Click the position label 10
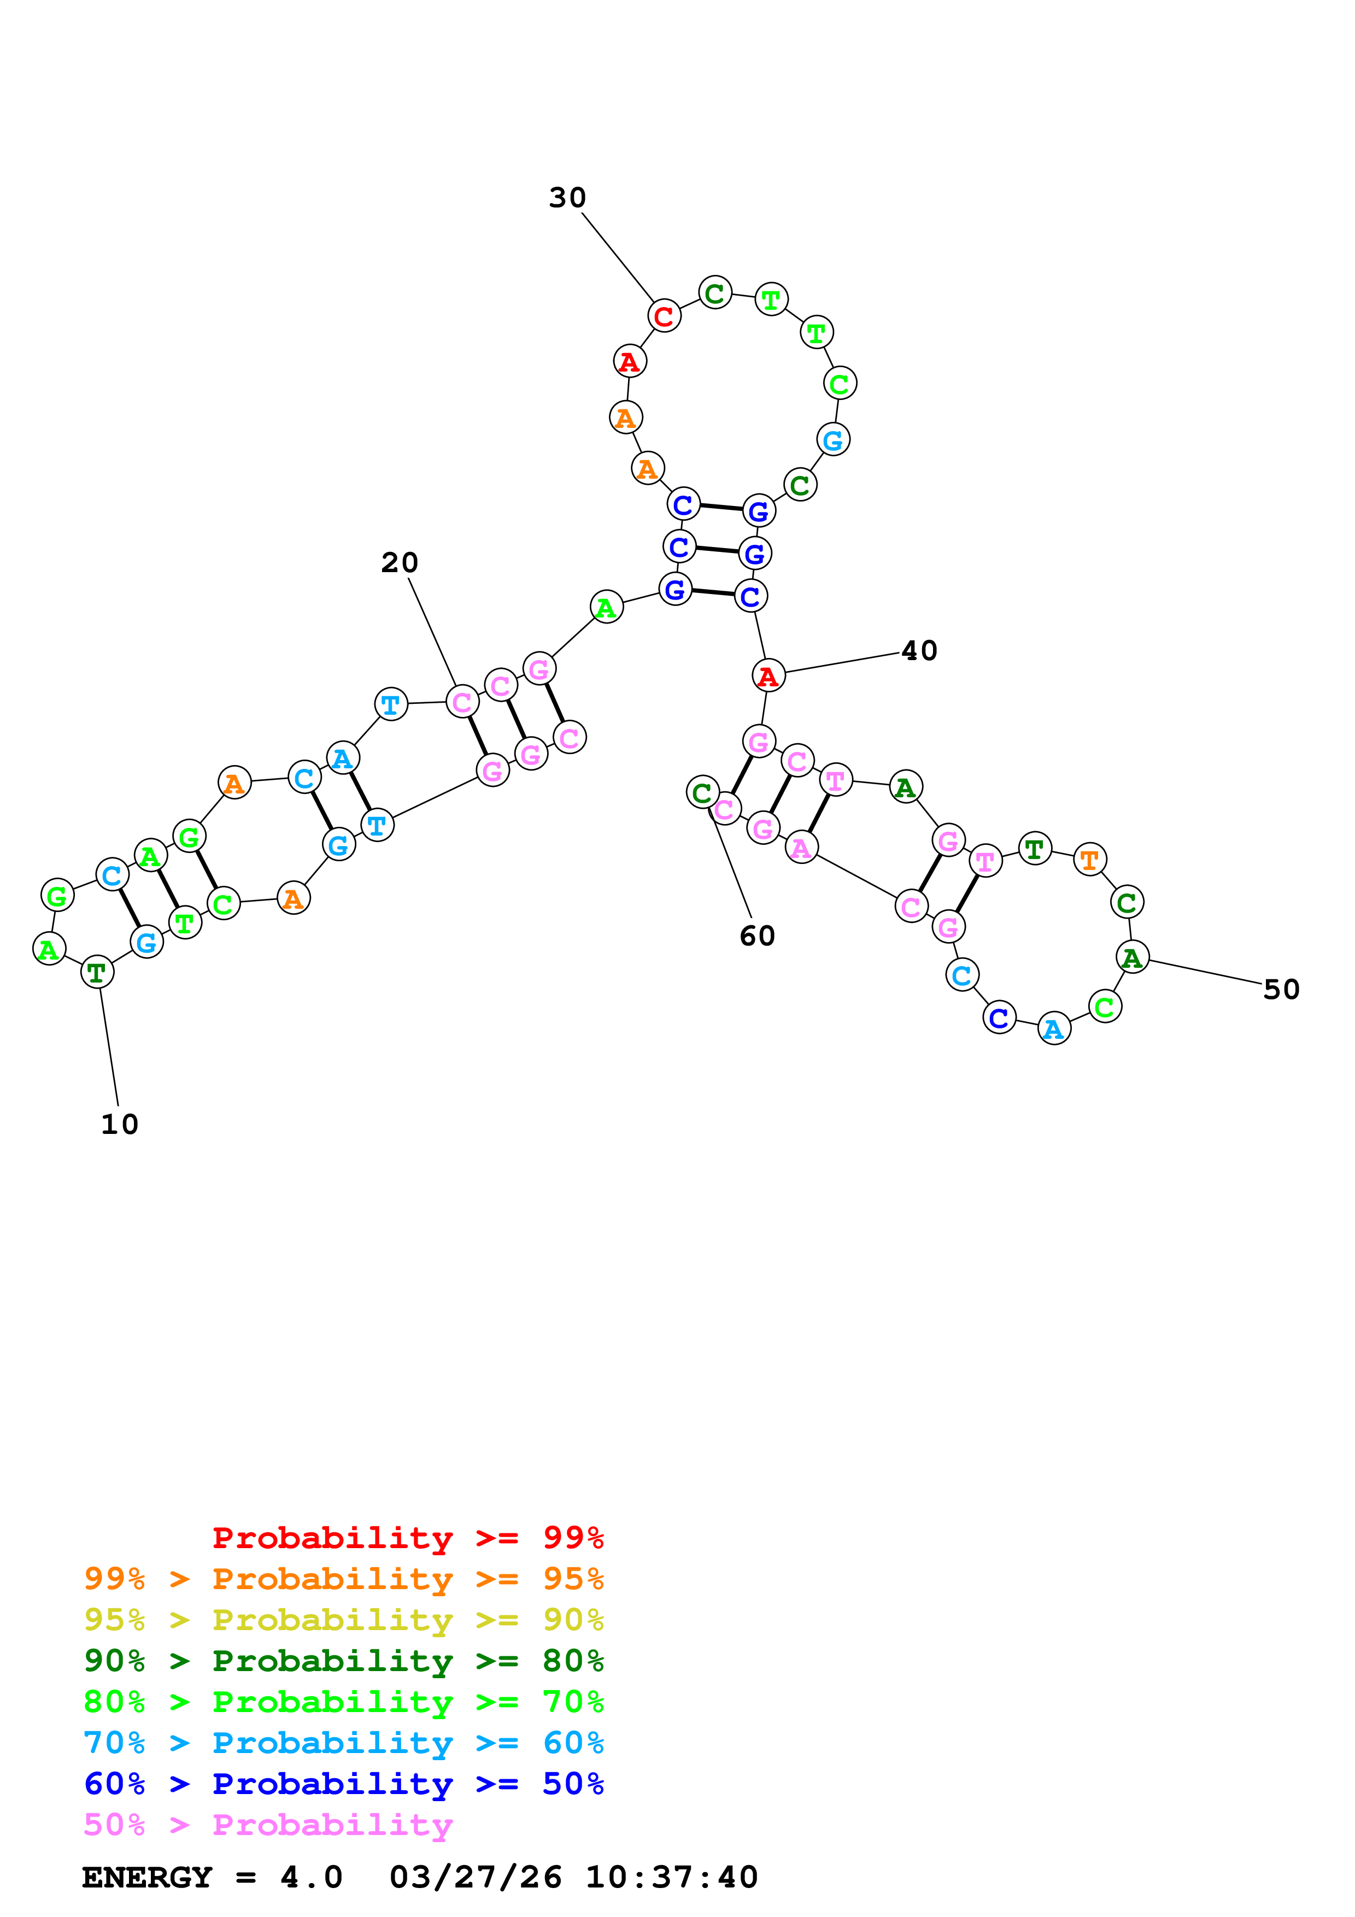coord(119,1124)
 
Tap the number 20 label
coord(399,563)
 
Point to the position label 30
coord(567,198)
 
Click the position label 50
coord(1281,990)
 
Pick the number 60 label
coord(757,936)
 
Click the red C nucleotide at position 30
coord(664,316)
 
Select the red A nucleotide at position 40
coord(768,675)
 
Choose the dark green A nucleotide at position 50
coord(1132,957)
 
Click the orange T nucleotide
coord(1089,859)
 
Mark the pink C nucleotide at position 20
coord(462,702)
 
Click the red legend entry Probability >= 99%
coord(407,1537)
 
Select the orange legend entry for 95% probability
coord(343,1579)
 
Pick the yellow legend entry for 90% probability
coord(343,1620)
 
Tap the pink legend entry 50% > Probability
coord(268,1824)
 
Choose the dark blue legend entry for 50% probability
coord(343,1784)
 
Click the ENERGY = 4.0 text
coord(212,1878)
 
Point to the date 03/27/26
coord(475,1878)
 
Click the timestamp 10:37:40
coord(671,1878)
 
